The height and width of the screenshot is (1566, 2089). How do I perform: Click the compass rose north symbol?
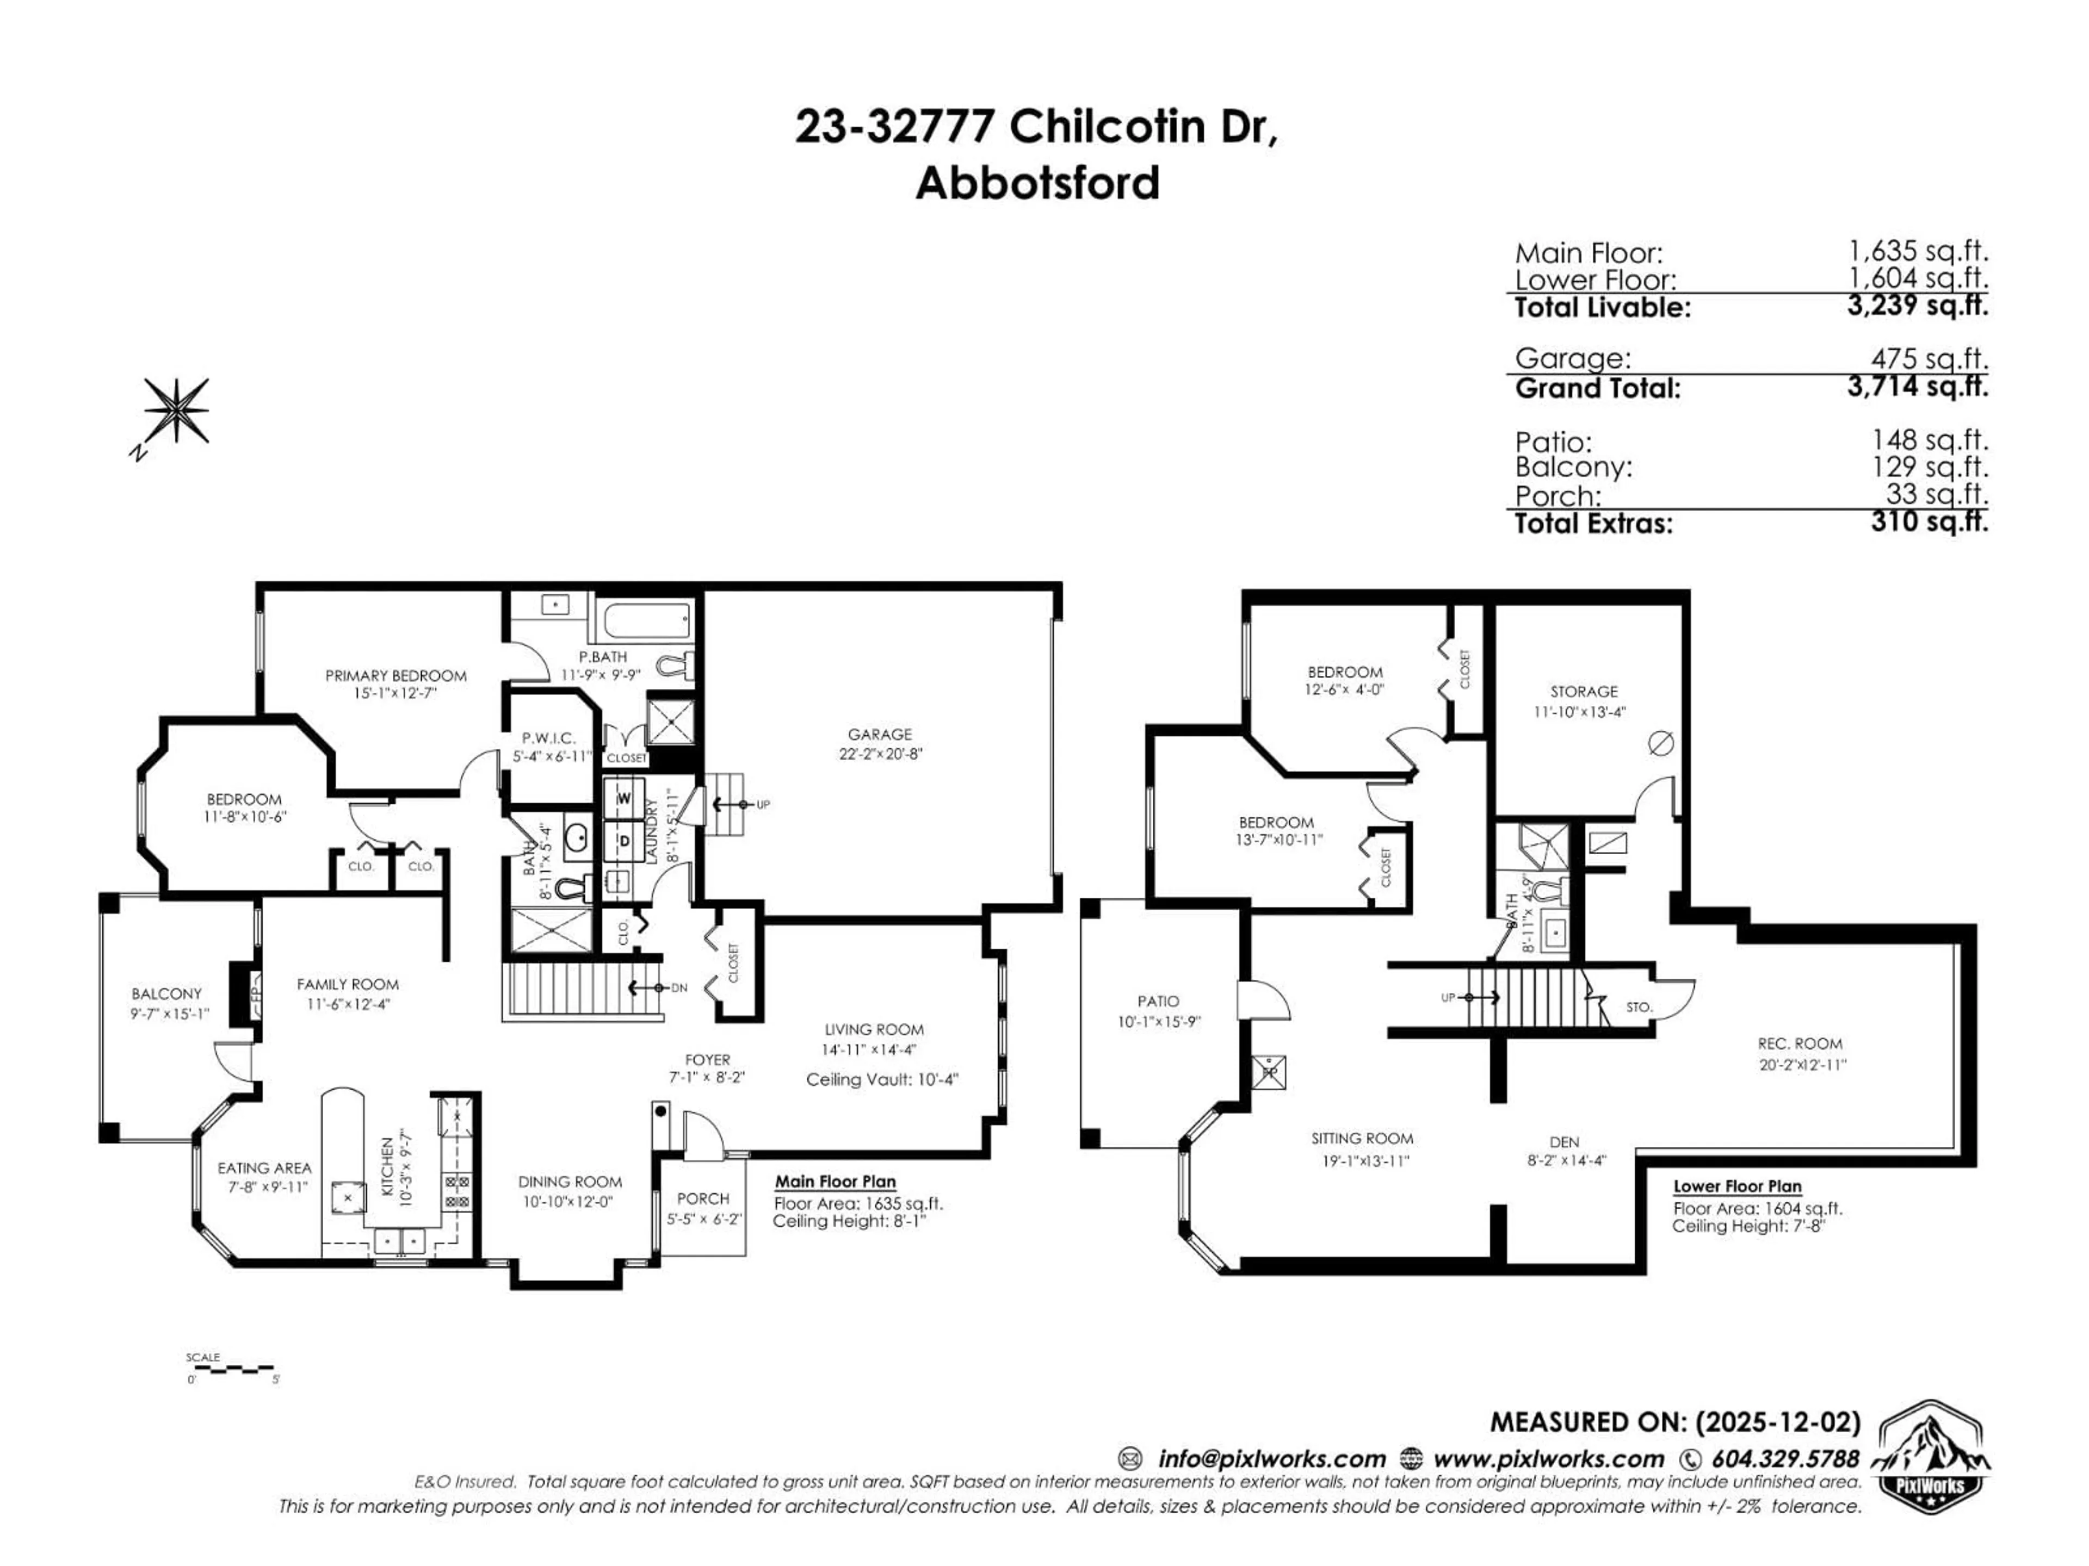tap(176, 409)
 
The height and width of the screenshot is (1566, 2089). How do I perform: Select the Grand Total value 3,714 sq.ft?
tap(1917, 386)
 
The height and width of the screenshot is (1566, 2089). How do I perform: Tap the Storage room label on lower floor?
tap(1584, 692)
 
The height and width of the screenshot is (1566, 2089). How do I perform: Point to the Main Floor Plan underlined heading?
tap(835, 1182)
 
